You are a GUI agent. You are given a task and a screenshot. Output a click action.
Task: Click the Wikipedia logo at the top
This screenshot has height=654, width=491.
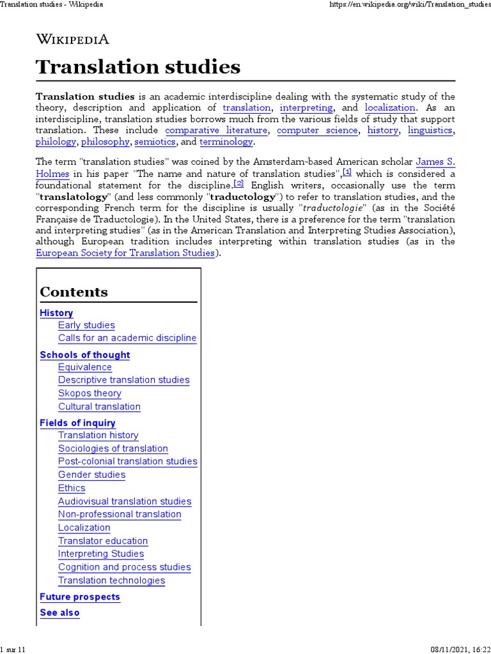click(x=72, y=39)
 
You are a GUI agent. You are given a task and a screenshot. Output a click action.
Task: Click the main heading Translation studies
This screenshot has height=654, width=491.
click(x=138, y=67)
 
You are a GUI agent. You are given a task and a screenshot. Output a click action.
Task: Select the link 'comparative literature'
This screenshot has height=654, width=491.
click(x=216, y=130)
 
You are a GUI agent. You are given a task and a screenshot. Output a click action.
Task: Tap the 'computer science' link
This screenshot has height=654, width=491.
click(x=317, y=130)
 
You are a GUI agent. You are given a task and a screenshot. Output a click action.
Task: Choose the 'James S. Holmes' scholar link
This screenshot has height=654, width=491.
click(x=435, y=162)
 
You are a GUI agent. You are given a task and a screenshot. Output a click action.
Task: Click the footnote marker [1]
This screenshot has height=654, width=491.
click(x=347, y=172)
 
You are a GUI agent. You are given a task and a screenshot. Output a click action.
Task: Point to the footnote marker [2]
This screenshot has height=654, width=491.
click(x=239, y=183)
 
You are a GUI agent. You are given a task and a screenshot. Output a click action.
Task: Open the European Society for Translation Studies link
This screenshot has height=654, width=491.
click(x=125, y=253)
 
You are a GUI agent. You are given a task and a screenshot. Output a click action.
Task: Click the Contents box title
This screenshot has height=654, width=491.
click(x=74, y=293)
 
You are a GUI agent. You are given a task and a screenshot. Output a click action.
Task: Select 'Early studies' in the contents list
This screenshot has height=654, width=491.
click(x=86, y=325)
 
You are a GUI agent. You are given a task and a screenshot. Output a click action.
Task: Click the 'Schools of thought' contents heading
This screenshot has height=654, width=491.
click(x=84, y=355)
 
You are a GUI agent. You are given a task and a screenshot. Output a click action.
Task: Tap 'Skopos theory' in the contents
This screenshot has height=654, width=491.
click(x=90, y=393)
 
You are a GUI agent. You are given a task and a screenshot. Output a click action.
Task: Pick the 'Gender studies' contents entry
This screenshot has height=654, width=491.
click(x=91, y=475)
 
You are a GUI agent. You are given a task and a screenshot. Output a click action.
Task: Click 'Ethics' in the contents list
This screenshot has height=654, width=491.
click(x=72, y=488)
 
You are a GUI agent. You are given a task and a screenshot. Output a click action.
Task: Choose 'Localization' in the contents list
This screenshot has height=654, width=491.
click(x=84, y=528)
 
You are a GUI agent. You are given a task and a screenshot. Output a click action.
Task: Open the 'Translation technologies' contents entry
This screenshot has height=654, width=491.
click(x=111, y=581)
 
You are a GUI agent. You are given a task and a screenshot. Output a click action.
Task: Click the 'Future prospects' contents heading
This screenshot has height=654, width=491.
click(x=80, y=597)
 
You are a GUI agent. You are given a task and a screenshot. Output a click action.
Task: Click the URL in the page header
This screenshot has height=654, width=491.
click(x=410, y=4)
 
